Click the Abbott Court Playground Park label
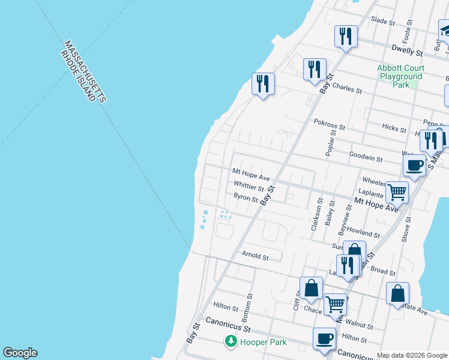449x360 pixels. point(400,76)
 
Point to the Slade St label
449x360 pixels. point(382,21)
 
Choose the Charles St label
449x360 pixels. point(347,88)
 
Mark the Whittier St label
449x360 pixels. point(249,187)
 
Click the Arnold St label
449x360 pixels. point(255,256)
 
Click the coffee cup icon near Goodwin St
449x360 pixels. point(414,165)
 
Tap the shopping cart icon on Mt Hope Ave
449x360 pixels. point(397,193)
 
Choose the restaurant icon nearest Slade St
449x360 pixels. point(346,36)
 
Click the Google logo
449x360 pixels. point(20,353)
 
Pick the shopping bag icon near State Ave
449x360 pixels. point(397,293)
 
